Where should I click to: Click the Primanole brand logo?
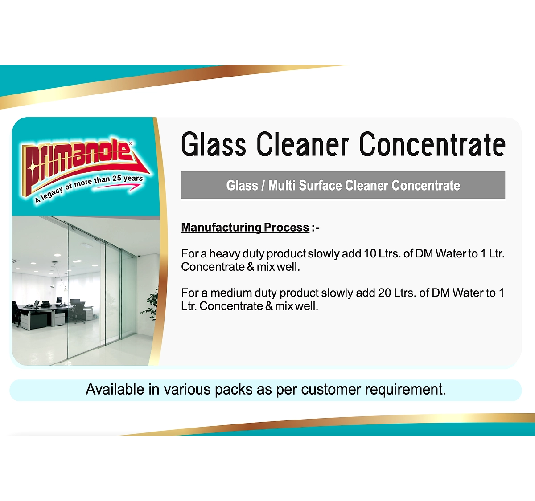pyautogui.click(x=85, y=170)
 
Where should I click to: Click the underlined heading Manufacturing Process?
pyautogui.click(x=245, y=228)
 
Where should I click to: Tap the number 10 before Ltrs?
pyautogui.click(x=370, y=253)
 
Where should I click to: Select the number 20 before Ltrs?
pyautogui.click(x=384, y=293)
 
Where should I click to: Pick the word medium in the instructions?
pyautogui.click(x=231, y=293)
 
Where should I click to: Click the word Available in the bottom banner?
pyautogui.click(x=115, y=389)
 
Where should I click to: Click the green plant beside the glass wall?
pyautogui.click(x=150, y=304)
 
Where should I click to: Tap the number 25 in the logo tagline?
pyautogui.click(x=117, y=179)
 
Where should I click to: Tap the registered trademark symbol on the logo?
pyautogui.click(x=131, y=143)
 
